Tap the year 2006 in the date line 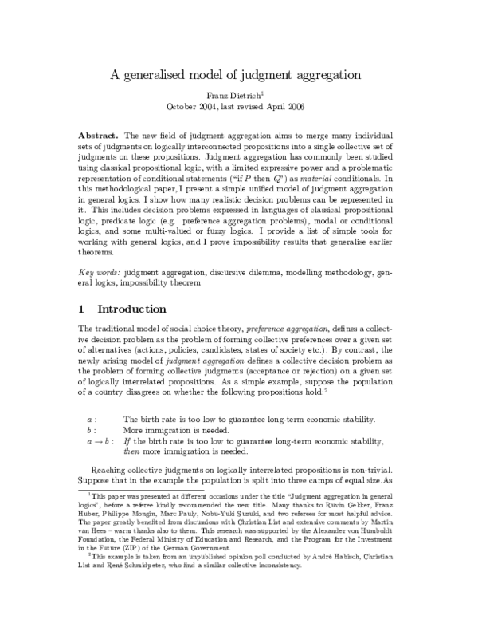[x=296, y=105]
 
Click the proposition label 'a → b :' [x=100, y=440]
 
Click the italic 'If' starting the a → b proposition [x=127, y=440]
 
